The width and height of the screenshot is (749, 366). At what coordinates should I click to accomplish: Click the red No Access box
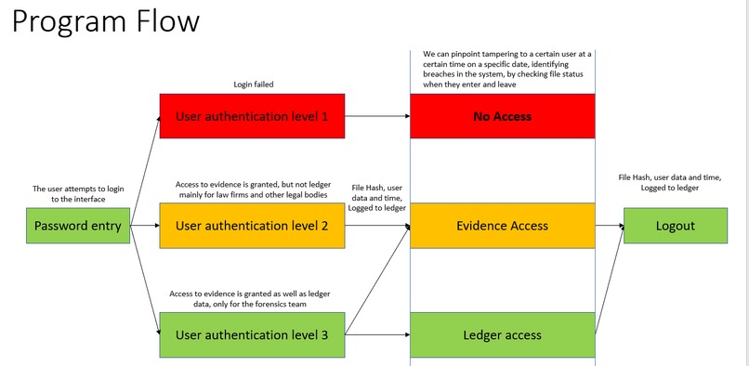[x=502, y=117]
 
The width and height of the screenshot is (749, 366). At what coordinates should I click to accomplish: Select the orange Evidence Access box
[x=502, y=226]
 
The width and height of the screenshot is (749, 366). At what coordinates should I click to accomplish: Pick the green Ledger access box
[x=502, y=334]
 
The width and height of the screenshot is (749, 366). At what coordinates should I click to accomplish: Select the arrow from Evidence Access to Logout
[x=608, y=226]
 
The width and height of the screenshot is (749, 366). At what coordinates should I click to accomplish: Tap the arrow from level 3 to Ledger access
[x=377, y=334]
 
